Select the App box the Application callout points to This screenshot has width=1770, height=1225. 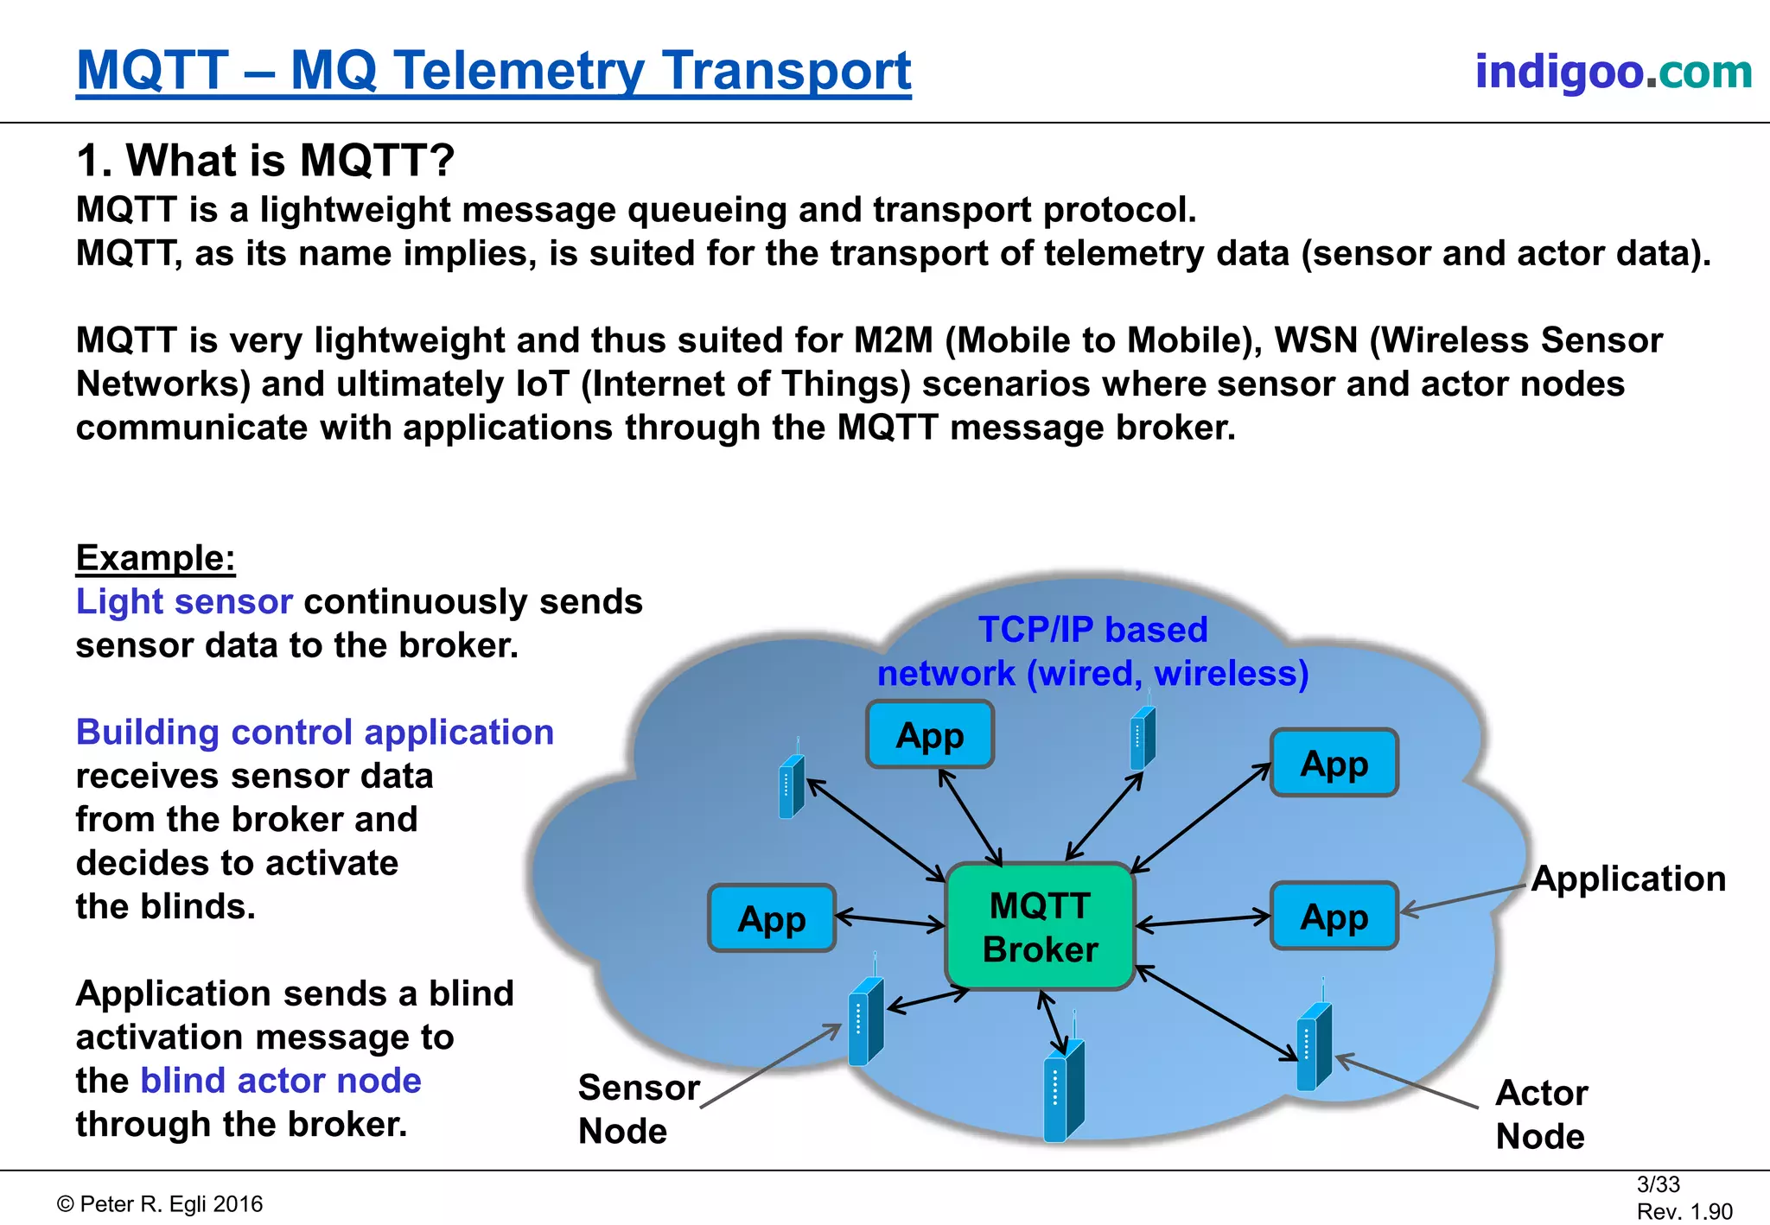(1334, 917)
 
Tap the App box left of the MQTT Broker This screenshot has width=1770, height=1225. (771, 919)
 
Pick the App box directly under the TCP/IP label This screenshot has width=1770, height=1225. (930, 735)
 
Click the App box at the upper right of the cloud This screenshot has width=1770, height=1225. (1334, 763)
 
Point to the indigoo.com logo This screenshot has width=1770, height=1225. (1613, 71)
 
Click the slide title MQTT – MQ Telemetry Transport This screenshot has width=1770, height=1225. (493, 70)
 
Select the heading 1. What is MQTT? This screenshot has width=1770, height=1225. (265, 160)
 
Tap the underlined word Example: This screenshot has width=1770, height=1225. (156, 558)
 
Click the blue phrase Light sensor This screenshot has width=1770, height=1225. (184, 601)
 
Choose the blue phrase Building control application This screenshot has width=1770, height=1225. (315, 732)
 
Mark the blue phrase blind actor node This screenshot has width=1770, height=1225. (281, 1081)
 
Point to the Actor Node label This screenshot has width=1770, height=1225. (1541, 1114)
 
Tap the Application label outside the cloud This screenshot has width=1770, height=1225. (1628, 879)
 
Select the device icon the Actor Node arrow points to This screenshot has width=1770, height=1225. (1314, 1047)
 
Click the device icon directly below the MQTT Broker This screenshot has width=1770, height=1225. (1063, 1091)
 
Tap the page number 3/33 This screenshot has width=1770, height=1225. (1658, 1184)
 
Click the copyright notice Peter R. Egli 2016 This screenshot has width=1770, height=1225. (161, 1204)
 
